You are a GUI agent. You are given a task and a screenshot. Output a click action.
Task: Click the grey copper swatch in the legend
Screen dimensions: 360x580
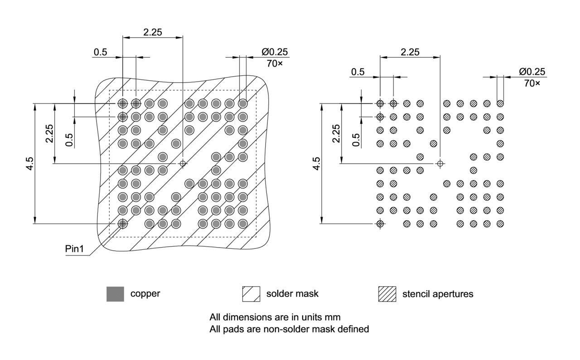point(115,294)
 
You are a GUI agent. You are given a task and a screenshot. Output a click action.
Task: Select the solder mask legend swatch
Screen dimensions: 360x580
point(251,294)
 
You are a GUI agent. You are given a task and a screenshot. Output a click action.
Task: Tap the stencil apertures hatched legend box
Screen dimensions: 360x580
point(387,294)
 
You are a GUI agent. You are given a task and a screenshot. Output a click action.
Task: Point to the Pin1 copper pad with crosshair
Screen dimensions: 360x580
point(122,224)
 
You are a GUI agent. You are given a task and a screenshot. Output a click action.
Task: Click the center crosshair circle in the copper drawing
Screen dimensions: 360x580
point(183,163)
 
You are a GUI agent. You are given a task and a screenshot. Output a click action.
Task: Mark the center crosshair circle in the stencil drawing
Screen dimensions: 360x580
point(440,163)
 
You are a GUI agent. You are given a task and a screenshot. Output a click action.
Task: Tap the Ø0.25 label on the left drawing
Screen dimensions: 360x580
point(275,52)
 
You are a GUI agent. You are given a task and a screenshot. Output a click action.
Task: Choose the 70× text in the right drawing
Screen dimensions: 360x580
point(532,83)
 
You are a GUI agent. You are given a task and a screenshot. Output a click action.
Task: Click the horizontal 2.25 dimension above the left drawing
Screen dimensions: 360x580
point(153,32)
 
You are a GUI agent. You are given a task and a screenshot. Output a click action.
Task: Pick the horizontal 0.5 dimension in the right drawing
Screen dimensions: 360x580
point(358,72)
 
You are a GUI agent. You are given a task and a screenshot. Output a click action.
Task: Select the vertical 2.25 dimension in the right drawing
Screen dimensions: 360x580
point(336,133)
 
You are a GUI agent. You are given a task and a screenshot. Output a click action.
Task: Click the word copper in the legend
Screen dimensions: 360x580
point(145,293)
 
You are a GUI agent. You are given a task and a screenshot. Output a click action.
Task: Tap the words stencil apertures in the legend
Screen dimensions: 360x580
point(438,294)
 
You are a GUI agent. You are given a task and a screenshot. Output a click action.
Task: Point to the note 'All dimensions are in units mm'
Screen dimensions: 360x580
point(275,316)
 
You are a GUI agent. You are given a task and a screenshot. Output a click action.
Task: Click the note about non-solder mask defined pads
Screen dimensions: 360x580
point(289,329)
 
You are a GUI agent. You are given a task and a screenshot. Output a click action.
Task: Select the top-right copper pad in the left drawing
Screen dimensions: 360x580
point(243,103)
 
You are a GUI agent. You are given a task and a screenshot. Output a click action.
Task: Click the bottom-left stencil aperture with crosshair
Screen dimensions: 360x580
point(380,224)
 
